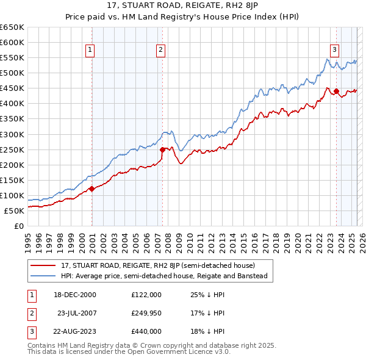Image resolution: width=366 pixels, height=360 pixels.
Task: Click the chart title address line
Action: [x=183, y=5]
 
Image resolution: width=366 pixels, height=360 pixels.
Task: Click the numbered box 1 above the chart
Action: [x=90, y=51]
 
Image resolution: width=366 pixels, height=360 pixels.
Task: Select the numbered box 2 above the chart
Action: [x=160, y=51]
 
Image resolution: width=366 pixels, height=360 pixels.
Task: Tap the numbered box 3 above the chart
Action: [x=335, y=51]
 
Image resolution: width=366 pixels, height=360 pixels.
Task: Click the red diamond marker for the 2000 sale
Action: [x=92, y=189]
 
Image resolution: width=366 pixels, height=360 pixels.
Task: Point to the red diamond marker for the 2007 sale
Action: [x=163, y=149]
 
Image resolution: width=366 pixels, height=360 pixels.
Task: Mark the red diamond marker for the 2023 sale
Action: [x=336, y=92]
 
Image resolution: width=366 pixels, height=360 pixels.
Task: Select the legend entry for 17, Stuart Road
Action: [x=162, y=265]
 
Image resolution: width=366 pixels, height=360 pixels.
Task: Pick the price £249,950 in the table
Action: [x=146, y=313]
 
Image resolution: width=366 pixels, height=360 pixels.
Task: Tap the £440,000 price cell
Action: [x=146, y=331]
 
